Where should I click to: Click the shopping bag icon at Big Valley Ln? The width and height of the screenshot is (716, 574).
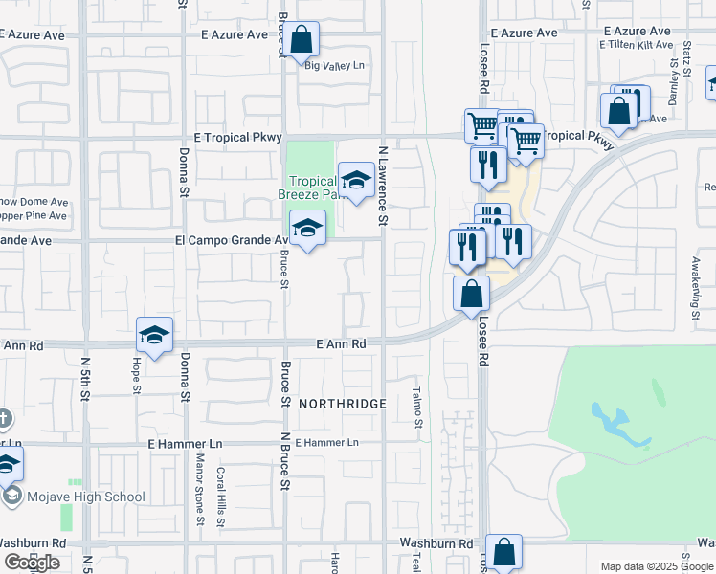[x=301, y=41]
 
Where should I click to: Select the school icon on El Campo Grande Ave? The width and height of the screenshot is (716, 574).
[x=307, y=229]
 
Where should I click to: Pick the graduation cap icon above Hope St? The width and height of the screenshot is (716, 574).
[x=154, y=336]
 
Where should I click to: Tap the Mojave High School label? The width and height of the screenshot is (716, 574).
[x=86, y=497]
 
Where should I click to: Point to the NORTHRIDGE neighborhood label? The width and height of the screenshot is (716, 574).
[x=342, y=404]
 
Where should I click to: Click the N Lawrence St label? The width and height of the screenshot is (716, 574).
[x=382, y=187]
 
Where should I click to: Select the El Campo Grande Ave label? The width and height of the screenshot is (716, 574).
[x=231, y=240]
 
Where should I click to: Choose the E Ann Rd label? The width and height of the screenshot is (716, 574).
[x=342, y=343]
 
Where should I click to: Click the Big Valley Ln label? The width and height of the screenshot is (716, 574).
[x=334, y=66]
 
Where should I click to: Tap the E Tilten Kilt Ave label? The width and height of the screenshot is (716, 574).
[x=637, y=45]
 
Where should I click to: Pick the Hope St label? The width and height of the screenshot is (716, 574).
[x=137, y=376]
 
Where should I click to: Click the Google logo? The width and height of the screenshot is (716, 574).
[x=33, y=563]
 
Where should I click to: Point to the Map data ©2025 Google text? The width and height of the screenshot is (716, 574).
[x=656, y=566]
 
